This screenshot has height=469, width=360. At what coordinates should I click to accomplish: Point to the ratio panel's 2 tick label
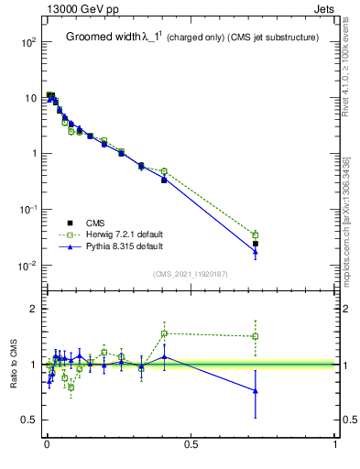pos(32,310)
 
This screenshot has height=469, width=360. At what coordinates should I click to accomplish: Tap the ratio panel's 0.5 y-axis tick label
pos(28,420)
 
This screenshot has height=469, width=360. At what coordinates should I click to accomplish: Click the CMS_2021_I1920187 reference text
pos(191,274)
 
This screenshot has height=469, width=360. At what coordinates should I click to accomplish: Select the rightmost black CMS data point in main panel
pos(256,244)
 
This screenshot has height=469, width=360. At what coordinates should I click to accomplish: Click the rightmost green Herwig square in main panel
pos(256,235)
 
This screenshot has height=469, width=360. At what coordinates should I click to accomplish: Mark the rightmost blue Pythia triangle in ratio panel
pos(256,391)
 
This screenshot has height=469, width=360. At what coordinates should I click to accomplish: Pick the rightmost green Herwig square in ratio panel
pos(256,336)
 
